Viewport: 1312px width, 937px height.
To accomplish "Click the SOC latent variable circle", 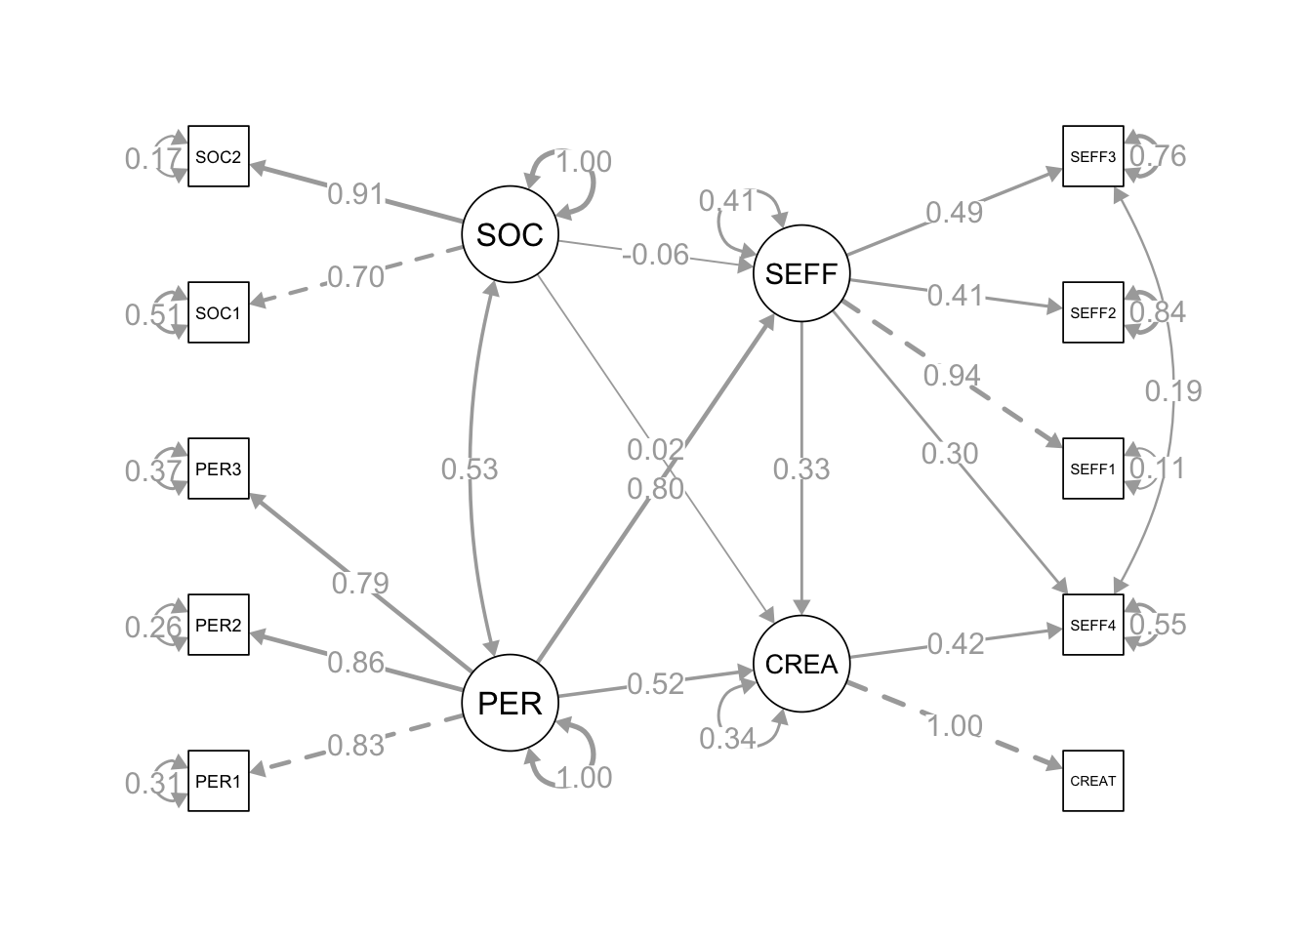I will click(x=510, y=234).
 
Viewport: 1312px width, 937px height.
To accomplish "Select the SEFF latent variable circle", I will click(x=801, y=273).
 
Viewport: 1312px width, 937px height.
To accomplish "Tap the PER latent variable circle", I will click(x=510, y=703).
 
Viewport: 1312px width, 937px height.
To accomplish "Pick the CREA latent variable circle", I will click(x=801, y=664).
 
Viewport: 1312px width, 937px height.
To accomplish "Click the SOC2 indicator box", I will click(x=219, y=156).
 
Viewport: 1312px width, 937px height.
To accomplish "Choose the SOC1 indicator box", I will click(x=219, y=312).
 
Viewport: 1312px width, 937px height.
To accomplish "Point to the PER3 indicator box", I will click(x=219, y=468).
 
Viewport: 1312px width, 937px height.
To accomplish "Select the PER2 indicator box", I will click(x=219, y=625).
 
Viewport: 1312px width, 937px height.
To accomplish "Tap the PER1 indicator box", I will click(x=219, y=781).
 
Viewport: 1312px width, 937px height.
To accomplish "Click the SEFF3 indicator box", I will click(x=1093, y=156).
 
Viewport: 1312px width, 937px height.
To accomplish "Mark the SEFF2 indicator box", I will click(x=1093, y=312).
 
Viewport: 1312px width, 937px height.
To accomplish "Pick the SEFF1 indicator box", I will click(x=1093, y=468).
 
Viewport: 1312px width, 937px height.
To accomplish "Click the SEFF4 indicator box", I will click(x=1093, y=625).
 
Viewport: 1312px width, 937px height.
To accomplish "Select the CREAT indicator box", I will click(x=1093, y=781).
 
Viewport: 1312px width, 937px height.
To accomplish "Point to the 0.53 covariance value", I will click(x=470, y=469).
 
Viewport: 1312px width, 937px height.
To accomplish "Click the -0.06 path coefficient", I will click(x=656, y=255).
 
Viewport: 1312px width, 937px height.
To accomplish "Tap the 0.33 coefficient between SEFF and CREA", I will click(x=801, y=469).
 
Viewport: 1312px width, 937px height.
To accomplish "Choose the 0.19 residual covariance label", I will click(x=1173, y=390).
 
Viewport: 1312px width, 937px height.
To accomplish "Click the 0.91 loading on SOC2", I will click(x=355, y=193).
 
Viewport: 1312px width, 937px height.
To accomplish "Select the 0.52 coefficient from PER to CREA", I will click(x=656, y=684).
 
